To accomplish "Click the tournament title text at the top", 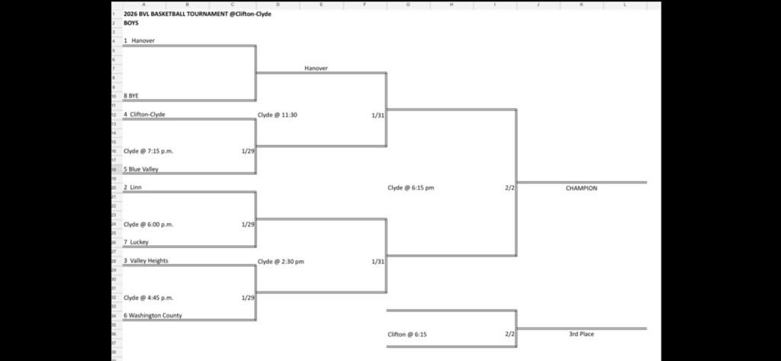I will [x=197, y=14].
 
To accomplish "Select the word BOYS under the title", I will [x=131, y=23].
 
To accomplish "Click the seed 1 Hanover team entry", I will [x=140, y=40].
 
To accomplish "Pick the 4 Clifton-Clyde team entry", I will [x=144, y=114].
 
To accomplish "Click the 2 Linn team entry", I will [x=133, y=188].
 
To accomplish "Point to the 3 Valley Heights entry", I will [x=146, y=261].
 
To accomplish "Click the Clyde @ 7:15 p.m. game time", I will [x=149, y=151].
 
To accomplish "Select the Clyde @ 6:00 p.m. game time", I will [x=149, y=224].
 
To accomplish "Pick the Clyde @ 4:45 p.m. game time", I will [x=149, y=298].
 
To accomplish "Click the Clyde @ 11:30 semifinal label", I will [x=278, y=114].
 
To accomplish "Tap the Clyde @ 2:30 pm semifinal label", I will [x=281, y=261].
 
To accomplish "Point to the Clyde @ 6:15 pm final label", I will [x=410, y=188].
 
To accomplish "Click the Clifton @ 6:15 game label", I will [x=407, y=334].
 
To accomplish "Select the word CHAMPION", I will [x=581, y=188].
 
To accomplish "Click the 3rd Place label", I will [x=581, y=334].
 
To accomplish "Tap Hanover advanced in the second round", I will [x=316, y=69].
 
